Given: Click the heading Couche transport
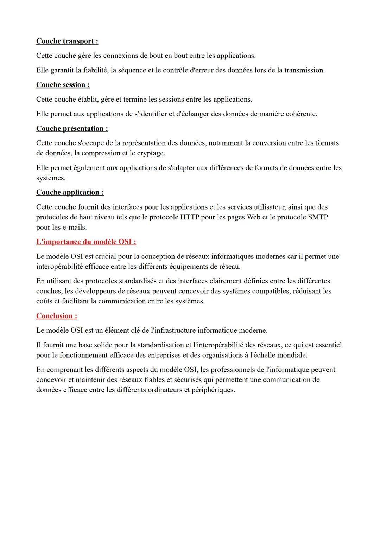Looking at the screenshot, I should point(67,41).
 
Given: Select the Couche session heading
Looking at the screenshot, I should point(63,85).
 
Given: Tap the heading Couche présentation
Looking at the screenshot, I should point(72,128).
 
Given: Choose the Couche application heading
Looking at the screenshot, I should point(70,192).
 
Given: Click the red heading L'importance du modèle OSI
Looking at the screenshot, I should point(86,242).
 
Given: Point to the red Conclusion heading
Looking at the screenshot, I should point(56,316).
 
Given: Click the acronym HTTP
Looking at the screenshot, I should point(190,217).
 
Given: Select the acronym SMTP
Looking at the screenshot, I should point(318,217).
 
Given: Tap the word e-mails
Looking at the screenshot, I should point(74,228).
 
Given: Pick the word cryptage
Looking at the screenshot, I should point(151,153).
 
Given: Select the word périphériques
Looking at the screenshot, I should point(213,390).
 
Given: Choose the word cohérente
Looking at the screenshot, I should point(300,114).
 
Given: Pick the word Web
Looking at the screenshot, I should point(253,217).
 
